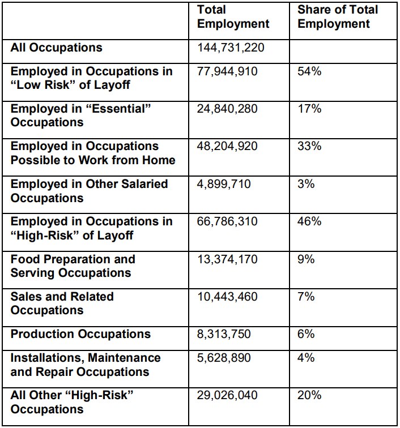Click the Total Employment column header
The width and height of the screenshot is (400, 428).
tap(233, 17)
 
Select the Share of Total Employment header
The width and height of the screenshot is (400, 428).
tap(338, 17)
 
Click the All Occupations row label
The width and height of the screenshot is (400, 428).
tap(56, 48)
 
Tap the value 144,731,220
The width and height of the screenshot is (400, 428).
tap(231, 48)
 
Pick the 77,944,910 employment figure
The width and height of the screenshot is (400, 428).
tap(227, 71)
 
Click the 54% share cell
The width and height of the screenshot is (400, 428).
tap(309, 71)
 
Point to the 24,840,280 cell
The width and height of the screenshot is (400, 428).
tap(227, 109)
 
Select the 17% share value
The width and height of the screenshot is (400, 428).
tap(309, 109)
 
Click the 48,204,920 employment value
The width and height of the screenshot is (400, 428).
tap(227, 146)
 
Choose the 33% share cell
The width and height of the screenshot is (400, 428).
tap(309, 146)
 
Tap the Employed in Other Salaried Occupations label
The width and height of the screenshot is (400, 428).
tap(89, 191)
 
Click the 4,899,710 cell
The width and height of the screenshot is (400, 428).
tap(224, 183)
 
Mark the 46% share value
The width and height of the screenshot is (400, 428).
tap(309, 221)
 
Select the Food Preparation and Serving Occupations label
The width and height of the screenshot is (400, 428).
tap(73, 266)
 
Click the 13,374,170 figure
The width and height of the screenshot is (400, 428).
tap(227, 259)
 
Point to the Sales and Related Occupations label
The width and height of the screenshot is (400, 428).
tap(62, 303)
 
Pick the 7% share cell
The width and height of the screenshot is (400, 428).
tap(306, 297)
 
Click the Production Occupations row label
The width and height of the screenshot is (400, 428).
tap(80, 334)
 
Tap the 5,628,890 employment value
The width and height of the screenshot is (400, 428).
tap(224, 358)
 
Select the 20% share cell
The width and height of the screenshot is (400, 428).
tap(309, 395)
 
